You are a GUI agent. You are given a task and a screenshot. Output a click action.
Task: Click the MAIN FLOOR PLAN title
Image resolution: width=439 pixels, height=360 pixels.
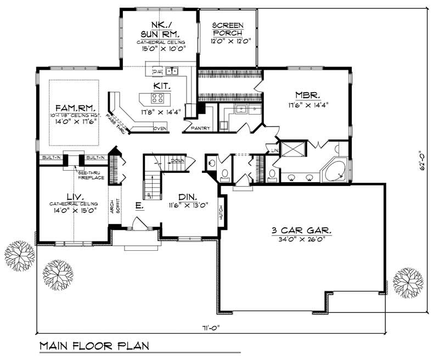94,347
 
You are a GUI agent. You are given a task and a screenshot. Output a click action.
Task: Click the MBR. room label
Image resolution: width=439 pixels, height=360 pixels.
306,93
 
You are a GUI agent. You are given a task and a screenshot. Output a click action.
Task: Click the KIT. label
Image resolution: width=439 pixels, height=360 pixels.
162,86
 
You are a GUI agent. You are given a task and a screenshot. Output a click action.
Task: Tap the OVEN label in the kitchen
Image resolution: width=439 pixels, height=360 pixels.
160,128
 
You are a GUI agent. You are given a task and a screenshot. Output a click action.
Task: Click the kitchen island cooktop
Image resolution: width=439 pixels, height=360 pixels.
157,99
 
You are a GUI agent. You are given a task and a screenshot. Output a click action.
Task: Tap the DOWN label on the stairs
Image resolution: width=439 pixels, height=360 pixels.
177,160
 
